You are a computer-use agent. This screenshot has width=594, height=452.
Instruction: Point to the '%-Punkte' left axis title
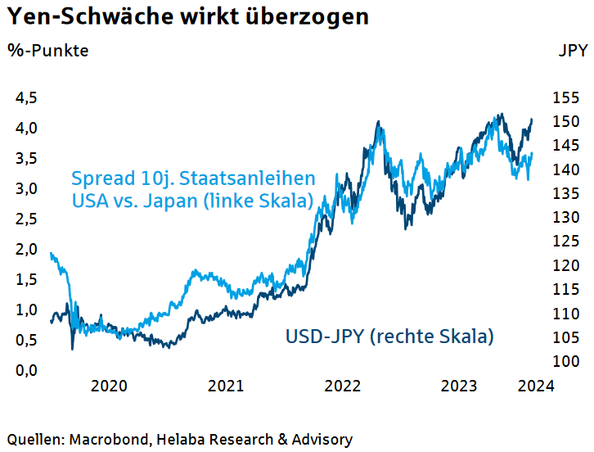click(48, 51)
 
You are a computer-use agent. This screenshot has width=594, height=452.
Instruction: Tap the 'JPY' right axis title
click(572, 51)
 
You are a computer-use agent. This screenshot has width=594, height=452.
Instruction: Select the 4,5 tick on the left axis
click(27, 98)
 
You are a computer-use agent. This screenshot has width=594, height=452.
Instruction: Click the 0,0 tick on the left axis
click(27, 370)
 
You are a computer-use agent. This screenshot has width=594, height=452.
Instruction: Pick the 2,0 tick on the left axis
click(27, 249)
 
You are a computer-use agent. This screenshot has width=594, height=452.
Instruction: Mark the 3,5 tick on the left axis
click(27, 159)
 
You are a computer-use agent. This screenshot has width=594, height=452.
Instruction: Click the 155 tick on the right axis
click(565, 97)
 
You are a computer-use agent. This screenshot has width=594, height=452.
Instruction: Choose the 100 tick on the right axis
click(565, 362)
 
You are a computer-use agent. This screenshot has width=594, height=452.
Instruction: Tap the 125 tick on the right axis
click(565, 242)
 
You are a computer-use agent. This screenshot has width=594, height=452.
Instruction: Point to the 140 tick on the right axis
click(565, 169)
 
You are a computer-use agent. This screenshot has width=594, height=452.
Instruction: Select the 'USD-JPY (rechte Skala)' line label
click(389, 336)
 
